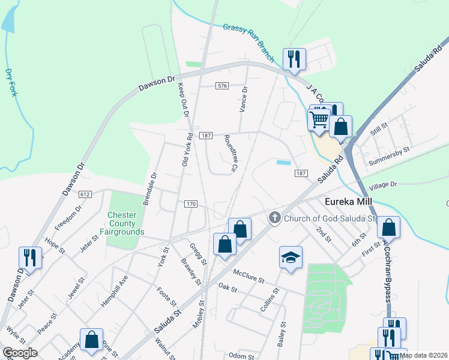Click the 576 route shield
click(x=223, y=86)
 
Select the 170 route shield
click(x=191, y=204)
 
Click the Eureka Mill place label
click(x=350, y=202)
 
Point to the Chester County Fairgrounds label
click(x=126, y=223)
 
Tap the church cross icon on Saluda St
click(x=275, y=218)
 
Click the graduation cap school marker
click(x=291, y=258)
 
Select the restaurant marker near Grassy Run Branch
click(x=294, y=59)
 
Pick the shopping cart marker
click(x=319, y=118)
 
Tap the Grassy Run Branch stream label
click(x=249, y=43)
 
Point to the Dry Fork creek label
click(x=11, y=83)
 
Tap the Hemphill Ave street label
click(x=113, y=292)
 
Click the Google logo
click(x=19, y=352)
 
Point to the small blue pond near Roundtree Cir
click(x=284, y=162)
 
